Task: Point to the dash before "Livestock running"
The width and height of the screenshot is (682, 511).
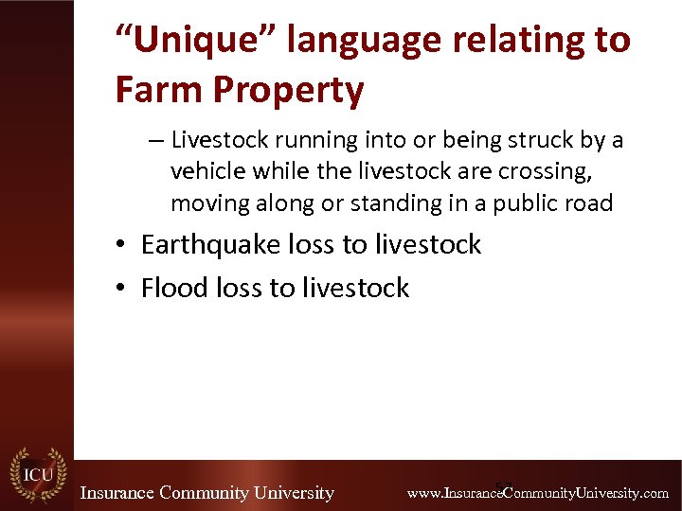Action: (156, 141)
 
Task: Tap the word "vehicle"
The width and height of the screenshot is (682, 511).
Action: (204, 172)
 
